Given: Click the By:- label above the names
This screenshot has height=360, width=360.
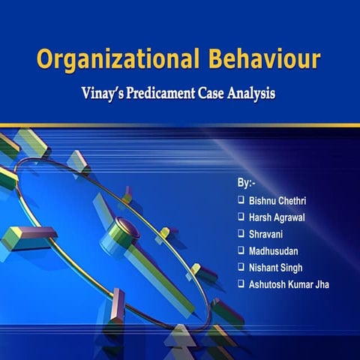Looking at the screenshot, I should [x=244, y=183].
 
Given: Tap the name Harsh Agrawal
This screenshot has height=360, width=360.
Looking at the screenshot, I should [x=278, y=217].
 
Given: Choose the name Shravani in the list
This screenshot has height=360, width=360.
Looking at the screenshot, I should [x=266, y=233].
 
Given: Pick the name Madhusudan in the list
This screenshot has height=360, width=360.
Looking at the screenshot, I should [x=273, y=250].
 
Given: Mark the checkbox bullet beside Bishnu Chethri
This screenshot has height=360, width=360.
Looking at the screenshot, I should [x=240, y=200].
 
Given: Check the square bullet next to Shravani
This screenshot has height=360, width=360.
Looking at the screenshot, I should [x=240, y=233].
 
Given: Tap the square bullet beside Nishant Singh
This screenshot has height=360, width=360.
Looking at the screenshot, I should [x=240, y=266].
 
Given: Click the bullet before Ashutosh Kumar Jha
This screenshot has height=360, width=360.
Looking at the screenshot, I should [x=240, y=283].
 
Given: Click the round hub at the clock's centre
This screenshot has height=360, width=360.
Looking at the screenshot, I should [x=124, y=225].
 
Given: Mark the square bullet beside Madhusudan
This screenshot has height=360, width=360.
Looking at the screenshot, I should [x=240, y=250].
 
